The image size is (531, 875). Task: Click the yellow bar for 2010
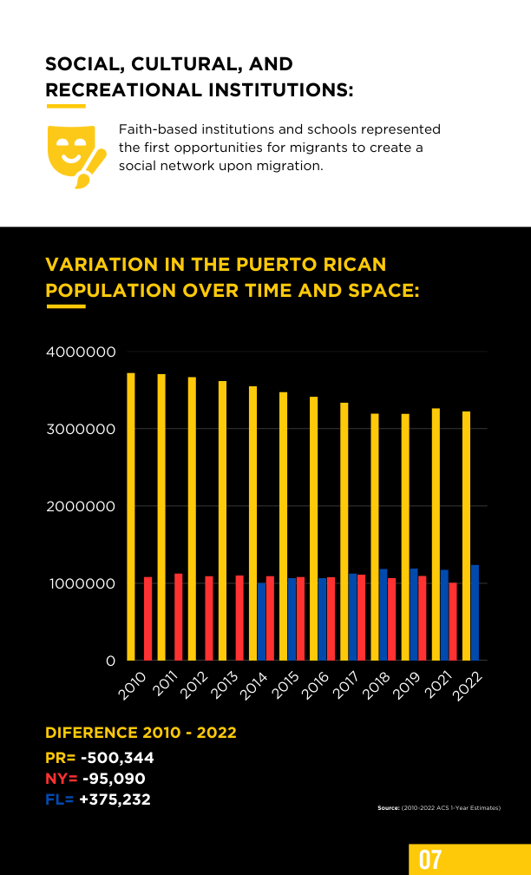[131, 516]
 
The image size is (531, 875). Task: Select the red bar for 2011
[179, 617]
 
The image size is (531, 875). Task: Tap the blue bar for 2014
[262, 622]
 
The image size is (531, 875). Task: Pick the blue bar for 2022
[475, 613]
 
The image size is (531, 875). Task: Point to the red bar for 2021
[453, 622]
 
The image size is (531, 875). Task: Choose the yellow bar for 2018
[375, 536]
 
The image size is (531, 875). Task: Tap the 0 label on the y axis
[110, 661]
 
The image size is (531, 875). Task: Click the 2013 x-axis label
[224, 685]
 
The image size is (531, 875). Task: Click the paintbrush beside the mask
[90, 168]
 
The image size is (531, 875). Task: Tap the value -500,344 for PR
[117, 758]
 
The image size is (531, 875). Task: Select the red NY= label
[62, 779]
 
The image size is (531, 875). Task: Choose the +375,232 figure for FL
[115, 799]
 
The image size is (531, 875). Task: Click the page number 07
[430, 860]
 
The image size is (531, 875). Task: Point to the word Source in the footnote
[388, 807]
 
